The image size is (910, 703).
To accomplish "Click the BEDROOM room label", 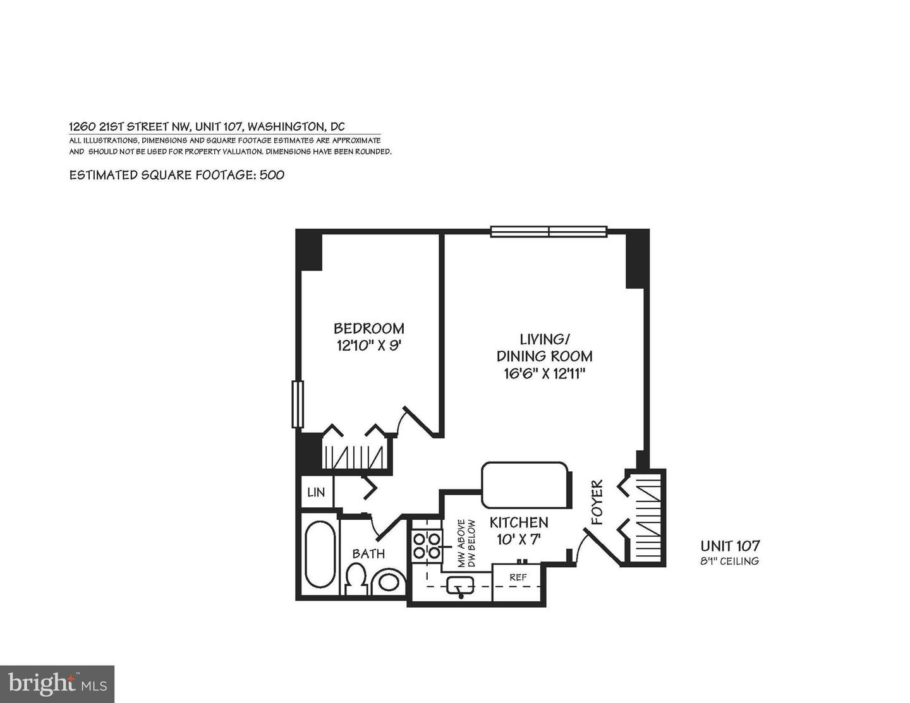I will tap(368, 328).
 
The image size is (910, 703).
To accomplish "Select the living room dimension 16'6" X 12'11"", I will tap(544, 373).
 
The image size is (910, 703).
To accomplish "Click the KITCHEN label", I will tap(519, 523).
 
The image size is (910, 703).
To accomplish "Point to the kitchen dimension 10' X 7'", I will tap(519, 539).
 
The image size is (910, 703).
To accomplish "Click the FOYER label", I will tap(597, 503).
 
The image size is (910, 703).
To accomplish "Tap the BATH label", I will tap(368, 554).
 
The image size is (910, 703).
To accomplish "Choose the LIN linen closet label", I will tap(315, 491).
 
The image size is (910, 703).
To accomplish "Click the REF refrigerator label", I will tap(518, 577).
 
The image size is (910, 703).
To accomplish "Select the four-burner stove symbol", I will tap(427, 546).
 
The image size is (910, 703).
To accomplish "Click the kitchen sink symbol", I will tap(460, 586).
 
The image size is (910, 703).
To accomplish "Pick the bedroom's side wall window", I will tap(296, 404).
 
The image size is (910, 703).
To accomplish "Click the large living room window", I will tap(549, 231).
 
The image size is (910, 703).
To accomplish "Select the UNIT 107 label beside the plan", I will tap(730, 546).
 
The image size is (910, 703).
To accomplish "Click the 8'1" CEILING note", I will tap(730, 561).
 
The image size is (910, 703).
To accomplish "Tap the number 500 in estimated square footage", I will tap(272, 175).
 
